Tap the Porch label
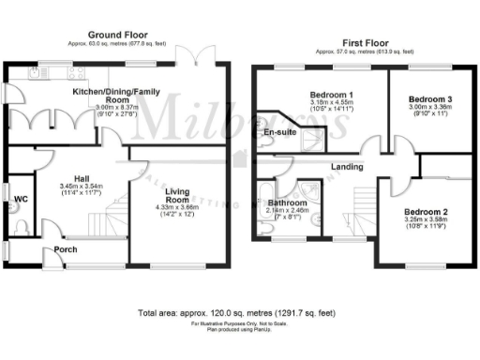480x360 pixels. [66, 249]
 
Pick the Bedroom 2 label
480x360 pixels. [426, 213]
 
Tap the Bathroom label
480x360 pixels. [287, 202]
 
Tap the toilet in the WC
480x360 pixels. [20, 225]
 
